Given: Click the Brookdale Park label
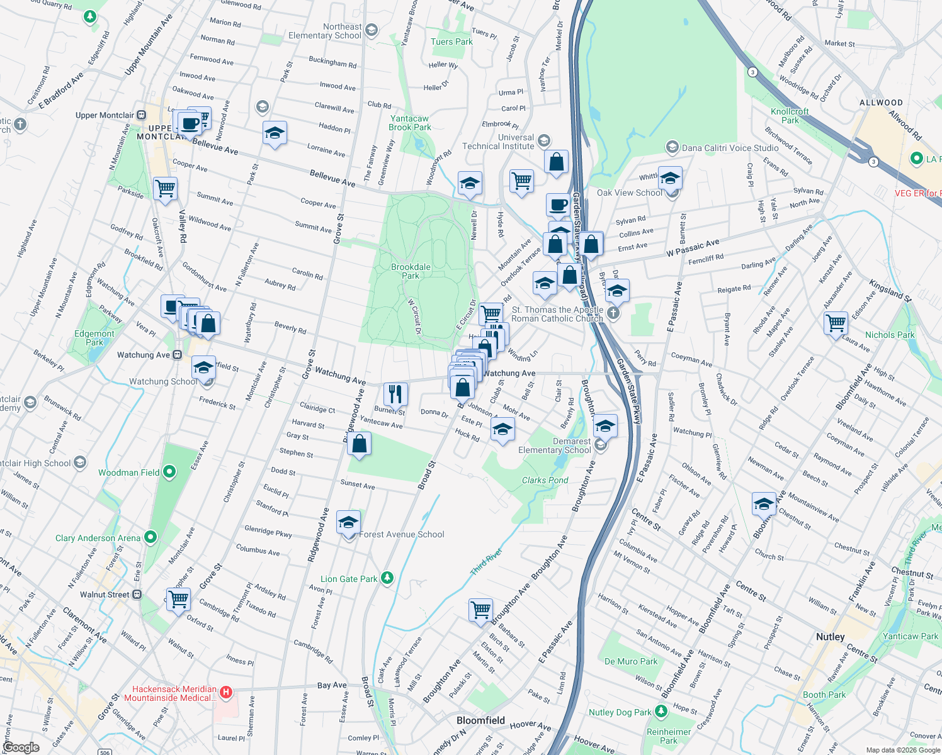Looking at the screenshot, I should coord(411,271).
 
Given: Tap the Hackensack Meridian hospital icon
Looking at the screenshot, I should coord(226,693).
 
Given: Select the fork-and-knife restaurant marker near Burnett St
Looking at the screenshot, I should coord(395,394).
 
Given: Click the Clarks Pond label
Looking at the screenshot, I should coord(545,480).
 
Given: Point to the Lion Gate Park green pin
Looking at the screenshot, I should coord(387,578).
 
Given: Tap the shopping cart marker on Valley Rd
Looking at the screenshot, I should coord(165,188).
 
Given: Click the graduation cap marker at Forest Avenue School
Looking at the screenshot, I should coord(348,522).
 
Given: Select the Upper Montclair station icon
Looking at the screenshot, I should coord(142,115).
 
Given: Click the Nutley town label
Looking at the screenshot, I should coord(830,637).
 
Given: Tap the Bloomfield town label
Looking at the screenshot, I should coord(480,720).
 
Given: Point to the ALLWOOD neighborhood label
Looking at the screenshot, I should coord(881,103).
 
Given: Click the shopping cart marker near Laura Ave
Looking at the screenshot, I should coord(836,323).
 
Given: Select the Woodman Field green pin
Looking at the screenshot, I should coord(169,471).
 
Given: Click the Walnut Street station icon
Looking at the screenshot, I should coord(137,595).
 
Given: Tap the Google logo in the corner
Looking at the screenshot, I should coord(21,747).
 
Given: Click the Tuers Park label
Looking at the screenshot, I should coord(451,42).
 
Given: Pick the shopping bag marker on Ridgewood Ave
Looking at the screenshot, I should coord(359,444).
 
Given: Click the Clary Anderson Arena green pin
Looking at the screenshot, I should coord(150,537).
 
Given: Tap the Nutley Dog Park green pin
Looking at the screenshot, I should coord(661,711).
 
